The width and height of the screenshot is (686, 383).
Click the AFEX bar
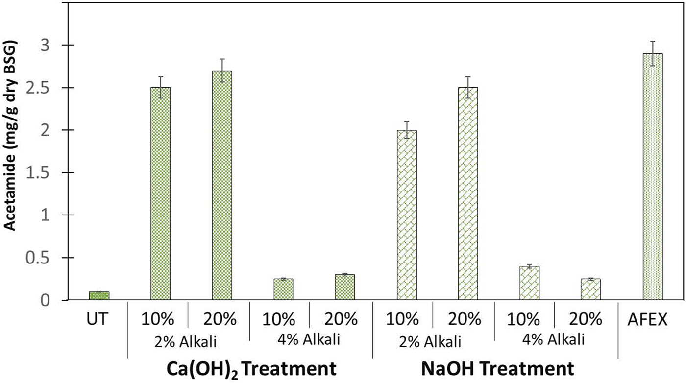652,176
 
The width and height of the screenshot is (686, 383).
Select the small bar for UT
99,295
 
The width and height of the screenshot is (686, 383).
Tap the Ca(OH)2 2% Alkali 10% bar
160,193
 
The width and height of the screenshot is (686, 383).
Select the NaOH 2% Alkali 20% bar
467,193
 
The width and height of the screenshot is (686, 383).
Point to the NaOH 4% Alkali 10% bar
529,283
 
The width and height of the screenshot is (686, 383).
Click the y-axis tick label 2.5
52,88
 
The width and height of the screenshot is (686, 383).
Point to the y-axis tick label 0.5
52,258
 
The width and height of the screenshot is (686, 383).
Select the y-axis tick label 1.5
52,173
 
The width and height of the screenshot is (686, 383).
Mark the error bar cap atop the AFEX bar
652,42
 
